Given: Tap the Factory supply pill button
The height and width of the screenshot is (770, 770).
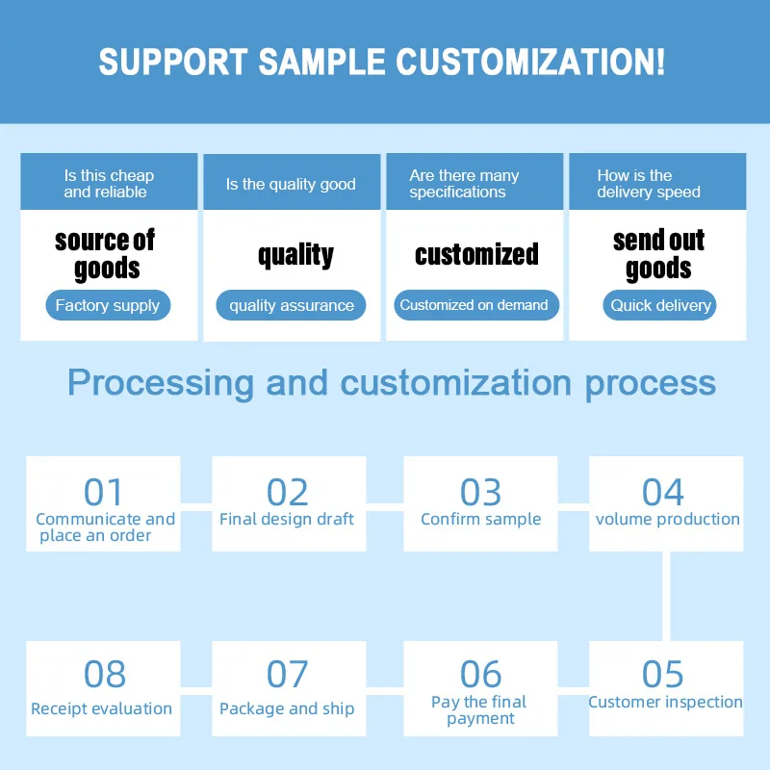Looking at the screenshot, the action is (108, 306).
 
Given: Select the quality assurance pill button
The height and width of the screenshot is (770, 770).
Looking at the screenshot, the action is (291, 306).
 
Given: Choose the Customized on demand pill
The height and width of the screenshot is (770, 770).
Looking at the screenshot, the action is (474, 305).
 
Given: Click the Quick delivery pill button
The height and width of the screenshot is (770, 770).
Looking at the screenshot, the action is (660, 306).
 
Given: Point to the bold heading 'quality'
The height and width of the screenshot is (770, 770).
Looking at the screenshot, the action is (295, 254).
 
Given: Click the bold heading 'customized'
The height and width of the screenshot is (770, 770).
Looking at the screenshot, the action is (476, 254).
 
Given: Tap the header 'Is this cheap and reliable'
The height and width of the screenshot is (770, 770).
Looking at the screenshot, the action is (108, 184).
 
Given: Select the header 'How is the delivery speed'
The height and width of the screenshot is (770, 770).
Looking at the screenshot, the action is (648, 184).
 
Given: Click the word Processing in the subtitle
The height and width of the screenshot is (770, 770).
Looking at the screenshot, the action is (161, 382).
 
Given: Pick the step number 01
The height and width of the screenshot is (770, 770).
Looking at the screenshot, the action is (103, 492).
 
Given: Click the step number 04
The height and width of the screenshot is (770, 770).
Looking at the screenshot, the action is (663, 492).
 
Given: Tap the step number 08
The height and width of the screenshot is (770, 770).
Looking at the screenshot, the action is (104, 675).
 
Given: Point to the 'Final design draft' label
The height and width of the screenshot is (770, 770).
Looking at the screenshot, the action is (287, 520).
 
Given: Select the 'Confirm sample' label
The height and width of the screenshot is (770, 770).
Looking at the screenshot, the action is (480, 520).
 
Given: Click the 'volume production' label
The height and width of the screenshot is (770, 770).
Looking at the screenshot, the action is (667, 520).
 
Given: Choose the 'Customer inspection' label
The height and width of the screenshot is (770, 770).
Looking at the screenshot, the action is (665, 703).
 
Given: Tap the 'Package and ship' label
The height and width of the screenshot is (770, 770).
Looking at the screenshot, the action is (287, 709).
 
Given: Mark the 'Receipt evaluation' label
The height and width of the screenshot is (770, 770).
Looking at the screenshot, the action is (101, 709).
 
